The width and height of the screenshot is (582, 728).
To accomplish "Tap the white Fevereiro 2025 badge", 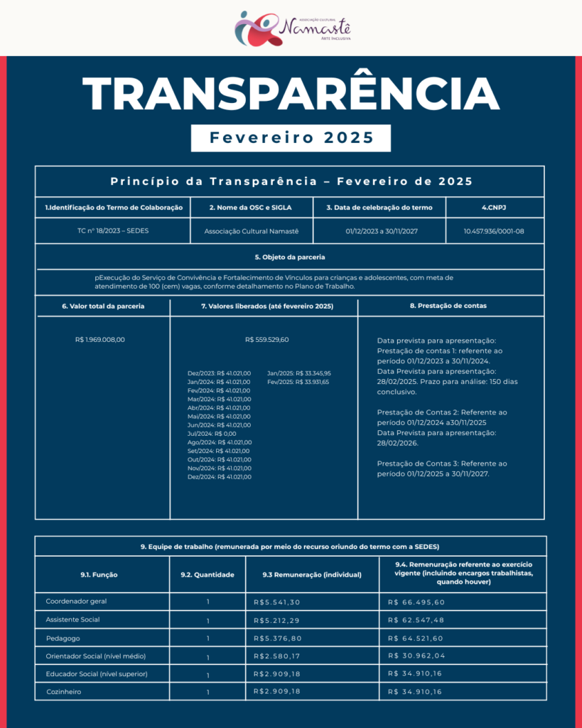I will pyautogui.click(x=291, y=138).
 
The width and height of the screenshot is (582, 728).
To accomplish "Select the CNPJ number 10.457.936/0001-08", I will pyautogui.click(x=493, y=231).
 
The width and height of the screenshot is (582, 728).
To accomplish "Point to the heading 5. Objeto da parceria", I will pyautogui.click(x=290, y=257).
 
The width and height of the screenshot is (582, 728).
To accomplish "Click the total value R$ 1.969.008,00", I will pyautogui.click(x=100, y=339).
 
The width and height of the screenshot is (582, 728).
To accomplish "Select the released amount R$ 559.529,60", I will pyautogui.click(x=266, y=339).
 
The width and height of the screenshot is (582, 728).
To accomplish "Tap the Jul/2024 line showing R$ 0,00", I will pyautogui.click(x=212, y=433).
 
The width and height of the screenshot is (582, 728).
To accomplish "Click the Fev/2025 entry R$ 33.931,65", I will pyautogui.click(x=298, y=382).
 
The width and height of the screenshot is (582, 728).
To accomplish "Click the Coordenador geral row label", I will pyautogui.click(x=76, y=601).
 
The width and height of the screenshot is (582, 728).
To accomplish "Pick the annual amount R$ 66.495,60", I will pyautogui.click(x=416, y=601).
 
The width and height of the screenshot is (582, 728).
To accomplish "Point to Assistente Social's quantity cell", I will pyautogui.click(x=208, y=621).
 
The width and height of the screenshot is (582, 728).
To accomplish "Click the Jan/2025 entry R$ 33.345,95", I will pyautogui.click(x=298, y=373).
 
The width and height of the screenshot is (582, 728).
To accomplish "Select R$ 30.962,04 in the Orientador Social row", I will pyautogui.click(x=416, y=655).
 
